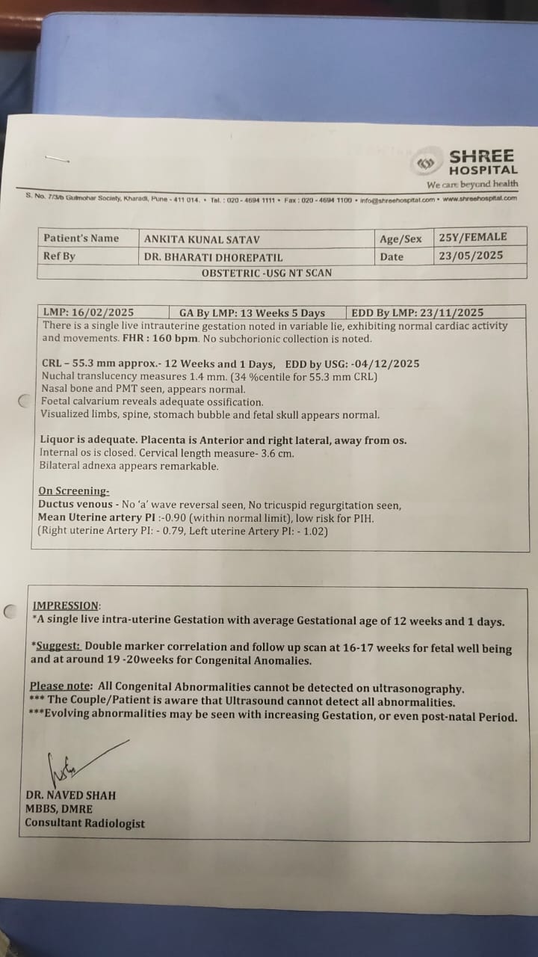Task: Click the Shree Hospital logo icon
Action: coord(426,164)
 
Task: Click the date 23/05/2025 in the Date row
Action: coord(471,256)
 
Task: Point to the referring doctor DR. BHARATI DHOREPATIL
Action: coord(213,257)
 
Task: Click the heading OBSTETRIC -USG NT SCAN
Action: coord(267,273)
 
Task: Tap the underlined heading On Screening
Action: coord(74,491)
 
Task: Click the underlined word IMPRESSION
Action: coord(66,606)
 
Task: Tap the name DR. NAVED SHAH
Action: coord(70,796)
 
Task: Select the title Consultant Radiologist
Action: coord(84,823)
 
